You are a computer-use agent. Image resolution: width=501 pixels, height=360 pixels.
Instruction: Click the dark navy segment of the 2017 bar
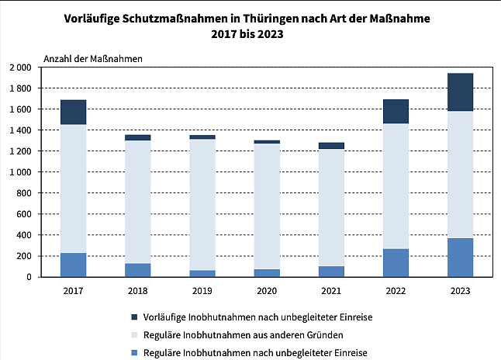(74, 112)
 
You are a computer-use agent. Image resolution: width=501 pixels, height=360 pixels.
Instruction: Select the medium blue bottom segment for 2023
(460, 257)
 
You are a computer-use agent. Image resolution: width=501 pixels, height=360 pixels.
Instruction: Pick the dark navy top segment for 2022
(396, 111)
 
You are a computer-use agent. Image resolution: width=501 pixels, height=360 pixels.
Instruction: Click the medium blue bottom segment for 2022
(396, 262)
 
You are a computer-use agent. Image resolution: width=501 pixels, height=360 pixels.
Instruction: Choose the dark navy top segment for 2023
(460, 92)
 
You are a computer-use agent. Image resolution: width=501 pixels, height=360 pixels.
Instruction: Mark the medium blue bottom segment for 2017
(74, 265)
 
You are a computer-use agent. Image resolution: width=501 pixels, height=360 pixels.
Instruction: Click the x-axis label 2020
(267, 291)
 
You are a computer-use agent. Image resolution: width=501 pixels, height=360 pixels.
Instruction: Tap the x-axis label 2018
(138, 291)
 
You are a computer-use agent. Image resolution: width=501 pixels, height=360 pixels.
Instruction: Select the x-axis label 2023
(460, 291)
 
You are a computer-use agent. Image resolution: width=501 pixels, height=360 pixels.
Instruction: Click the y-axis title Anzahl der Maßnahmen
(81, 57)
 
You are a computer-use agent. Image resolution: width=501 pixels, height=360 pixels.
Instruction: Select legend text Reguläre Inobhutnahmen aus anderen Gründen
(243, 334)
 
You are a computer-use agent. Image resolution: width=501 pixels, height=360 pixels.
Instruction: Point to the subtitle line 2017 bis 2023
(250, 36)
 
